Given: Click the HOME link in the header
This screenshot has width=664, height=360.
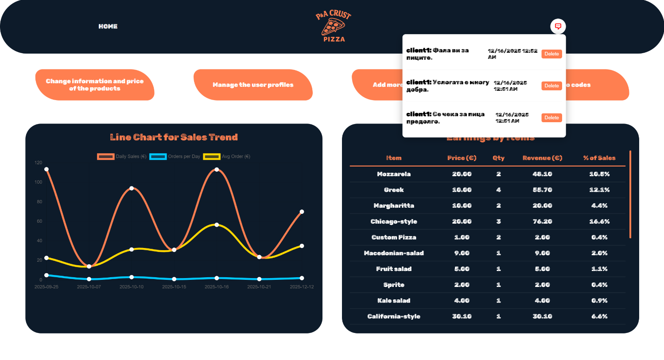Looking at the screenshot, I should click(x=108, y=27).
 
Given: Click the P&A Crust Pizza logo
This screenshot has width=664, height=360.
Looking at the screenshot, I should click(x=334, y=27).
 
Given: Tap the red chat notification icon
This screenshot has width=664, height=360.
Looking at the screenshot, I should click(x=558, y=26).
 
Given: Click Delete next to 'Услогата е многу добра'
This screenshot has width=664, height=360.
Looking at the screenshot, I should click(x=551, y=86).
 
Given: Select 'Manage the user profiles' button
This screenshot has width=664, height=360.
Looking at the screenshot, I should click(x=253, y=85).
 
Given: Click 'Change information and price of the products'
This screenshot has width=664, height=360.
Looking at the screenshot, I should click(x=95, y=85).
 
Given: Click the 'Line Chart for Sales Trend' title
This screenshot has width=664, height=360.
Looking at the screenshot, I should click(x=174, y=137).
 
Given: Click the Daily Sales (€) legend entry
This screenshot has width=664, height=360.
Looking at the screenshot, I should click(x=122, y=156).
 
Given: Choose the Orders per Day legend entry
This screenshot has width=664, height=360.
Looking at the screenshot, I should click(x=175, y=156).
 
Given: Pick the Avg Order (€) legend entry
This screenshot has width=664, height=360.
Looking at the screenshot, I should click(x=227, y=156).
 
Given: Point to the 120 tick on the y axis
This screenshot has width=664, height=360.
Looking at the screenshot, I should click(x=39, y=163).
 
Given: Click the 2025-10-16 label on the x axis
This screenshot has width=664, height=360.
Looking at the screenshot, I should click(x=217, y=287).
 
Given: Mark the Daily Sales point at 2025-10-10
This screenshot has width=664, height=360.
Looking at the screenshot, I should click(x=132, y=188).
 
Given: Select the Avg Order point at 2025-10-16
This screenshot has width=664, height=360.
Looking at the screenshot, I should click(x=217, y=225).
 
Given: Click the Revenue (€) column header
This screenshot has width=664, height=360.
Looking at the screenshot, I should click(x=542, y=158).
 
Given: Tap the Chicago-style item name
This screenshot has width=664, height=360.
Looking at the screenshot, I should click(x=394, y=221).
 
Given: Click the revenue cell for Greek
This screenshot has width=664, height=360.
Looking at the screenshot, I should click(x=542, y=190).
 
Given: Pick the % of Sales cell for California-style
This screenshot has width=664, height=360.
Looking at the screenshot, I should click(x=599, y=316).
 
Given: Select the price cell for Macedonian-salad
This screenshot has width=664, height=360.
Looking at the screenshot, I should click(x=462, y=253).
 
